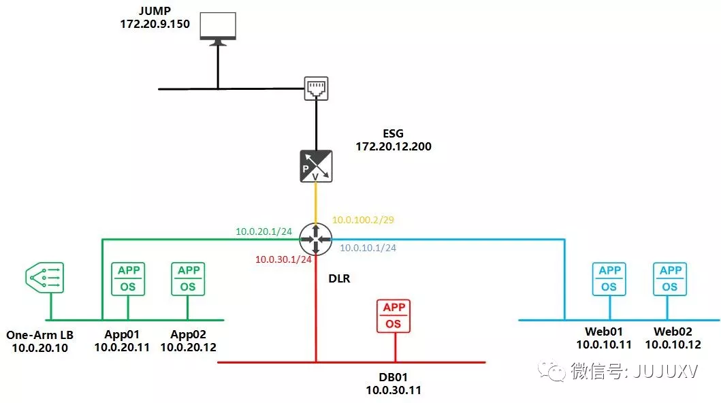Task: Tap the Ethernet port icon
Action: (316, 88)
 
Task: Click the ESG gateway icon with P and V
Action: (316, 166)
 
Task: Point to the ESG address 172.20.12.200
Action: (394, 146)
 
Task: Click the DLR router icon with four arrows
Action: (316, 239)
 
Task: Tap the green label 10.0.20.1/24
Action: (263, 231)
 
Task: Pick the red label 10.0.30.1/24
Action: (283, 259)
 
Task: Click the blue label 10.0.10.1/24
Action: (368, 248)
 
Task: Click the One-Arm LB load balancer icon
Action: (45, 278)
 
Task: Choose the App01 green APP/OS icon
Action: (128, 279)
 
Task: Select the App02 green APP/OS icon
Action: (188, 279)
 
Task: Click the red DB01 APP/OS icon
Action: (394, 316)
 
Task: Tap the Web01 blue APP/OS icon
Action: (609, 279)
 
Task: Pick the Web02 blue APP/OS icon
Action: (670, 279)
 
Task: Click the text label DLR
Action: (338, 278)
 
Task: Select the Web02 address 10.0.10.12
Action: (673, 344)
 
